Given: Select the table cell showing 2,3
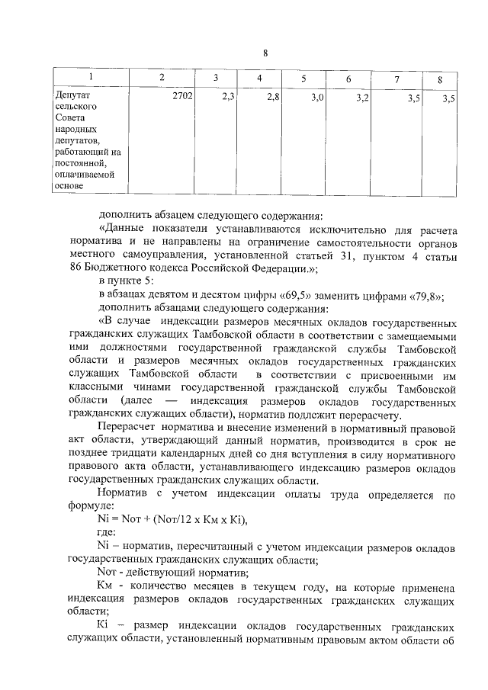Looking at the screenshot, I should (227, 98).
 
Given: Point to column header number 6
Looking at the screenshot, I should (348, 79).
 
